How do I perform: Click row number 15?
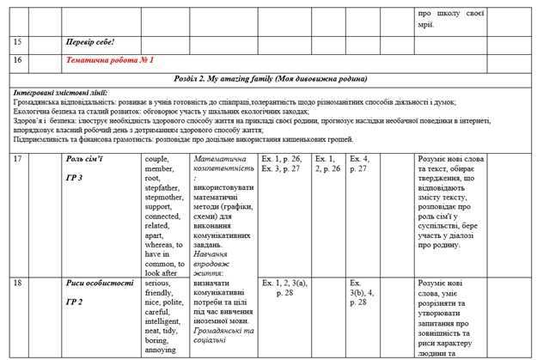pos(19,42)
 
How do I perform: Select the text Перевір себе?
pos(89,42)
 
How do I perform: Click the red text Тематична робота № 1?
pos(109,60)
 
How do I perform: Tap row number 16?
pos(19,60)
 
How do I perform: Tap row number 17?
pos(19,159)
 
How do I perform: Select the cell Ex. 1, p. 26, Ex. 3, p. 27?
pos(282,163)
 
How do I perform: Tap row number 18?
pos(19,282)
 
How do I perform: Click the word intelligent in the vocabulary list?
pos(168,320)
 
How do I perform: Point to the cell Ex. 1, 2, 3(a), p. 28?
pos(284,287)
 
